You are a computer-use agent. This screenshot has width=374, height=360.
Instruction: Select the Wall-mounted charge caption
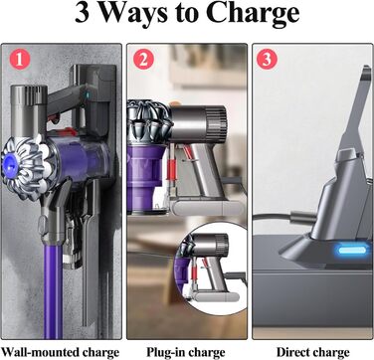point(61,351)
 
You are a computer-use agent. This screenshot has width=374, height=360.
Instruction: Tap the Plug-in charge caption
point(187,351)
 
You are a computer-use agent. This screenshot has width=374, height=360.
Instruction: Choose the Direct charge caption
point(313,351)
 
